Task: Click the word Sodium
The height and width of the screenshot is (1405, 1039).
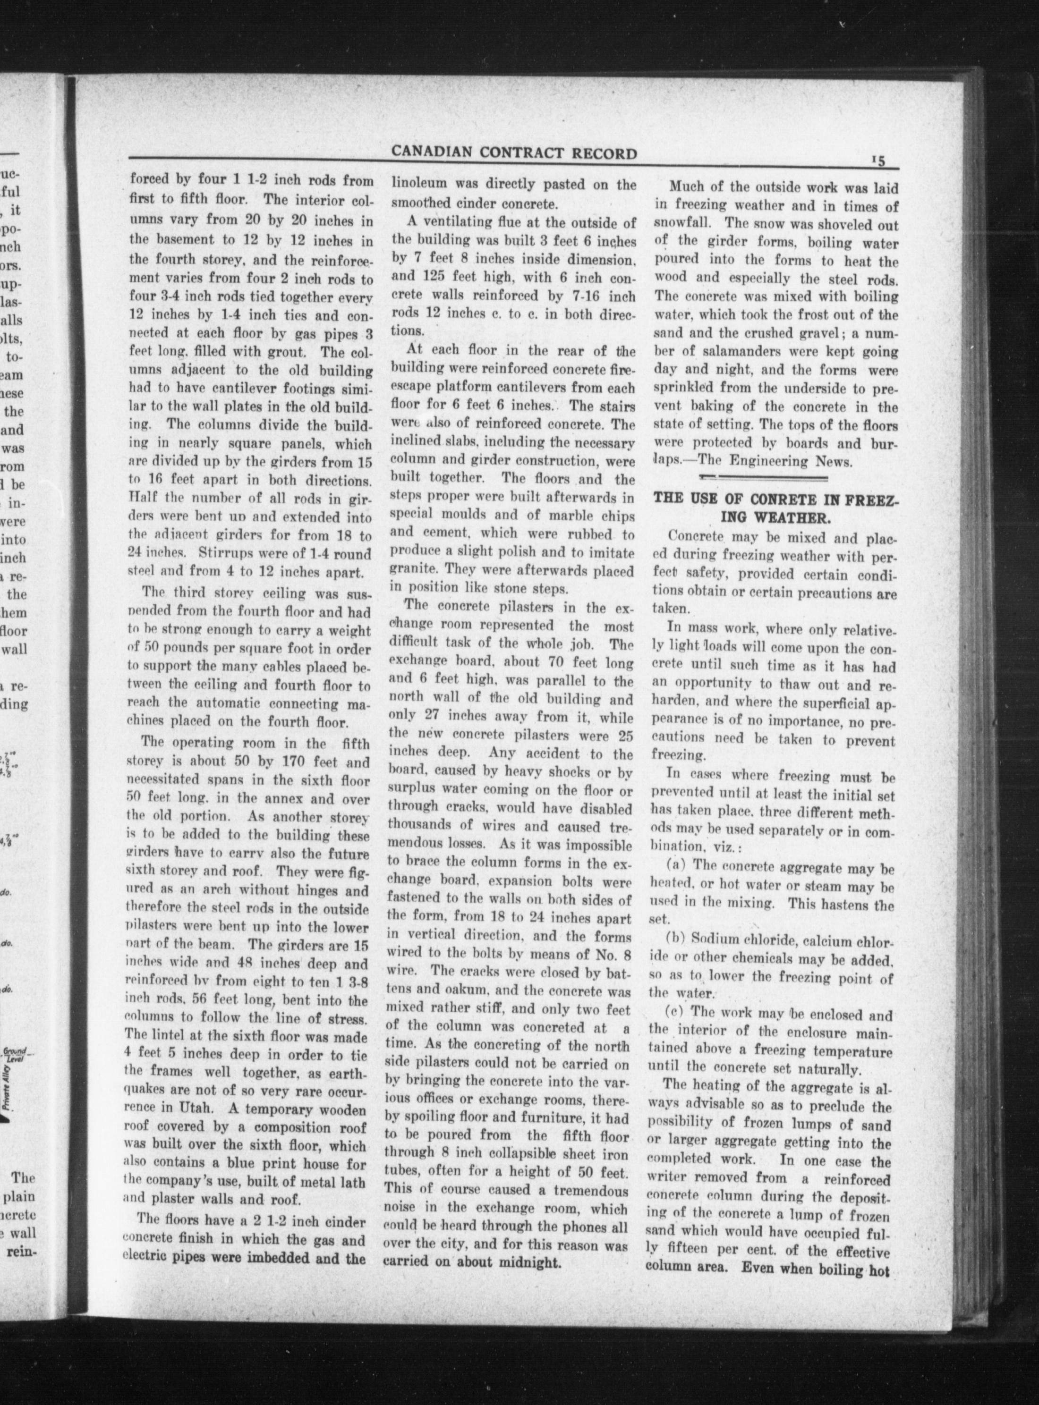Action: pyautogui.click(x=713, y=943)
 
